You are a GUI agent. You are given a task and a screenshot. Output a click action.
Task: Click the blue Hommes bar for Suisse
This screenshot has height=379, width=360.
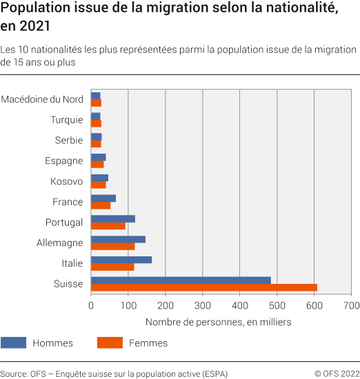[x=181, y=280]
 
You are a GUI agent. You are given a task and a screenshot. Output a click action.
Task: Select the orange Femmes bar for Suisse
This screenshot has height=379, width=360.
[x=204, y=287]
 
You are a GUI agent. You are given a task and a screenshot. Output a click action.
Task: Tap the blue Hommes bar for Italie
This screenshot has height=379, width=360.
[x=121, y=260]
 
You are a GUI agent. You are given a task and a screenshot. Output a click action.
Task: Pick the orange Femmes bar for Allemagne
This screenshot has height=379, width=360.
[x=113, y=247]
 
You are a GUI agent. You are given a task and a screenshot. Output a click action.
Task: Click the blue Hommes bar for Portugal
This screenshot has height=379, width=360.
[x=113, y=218]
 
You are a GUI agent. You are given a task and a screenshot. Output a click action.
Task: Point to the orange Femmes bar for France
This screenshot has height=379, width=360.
[x=101, y=205]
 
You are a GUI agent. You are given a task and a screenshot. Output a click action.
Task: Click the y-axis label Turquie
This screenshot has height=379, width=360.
[x=66, y=120]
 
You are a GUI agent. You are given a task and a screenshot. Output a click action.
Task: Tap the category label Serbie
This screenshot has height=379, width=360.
[x=69, y=140]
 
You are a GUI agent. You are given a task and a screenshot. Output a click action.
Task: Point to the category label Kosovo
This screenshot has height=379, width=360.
[x=67, y=181]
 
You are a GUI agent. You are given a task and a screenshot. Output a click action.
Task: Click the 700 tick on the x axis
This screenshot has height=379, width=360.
[x=351, y=305]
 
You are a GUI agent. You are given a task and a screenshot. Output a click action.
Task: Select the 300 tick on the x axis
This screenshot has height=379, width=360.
[x=203, y=305]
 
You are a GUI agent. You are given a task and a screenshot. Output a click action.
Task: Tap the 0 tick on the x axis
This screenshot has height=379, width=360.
[x=91, y=305]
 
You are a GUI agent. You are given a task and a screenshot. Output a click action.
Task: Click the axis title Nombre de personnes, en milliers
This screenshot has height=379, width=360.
[x=219, y=322]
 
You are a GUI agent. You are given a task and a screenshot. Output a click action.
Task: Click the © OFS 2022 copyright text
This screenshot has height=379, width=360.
[x=337, y=373]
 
